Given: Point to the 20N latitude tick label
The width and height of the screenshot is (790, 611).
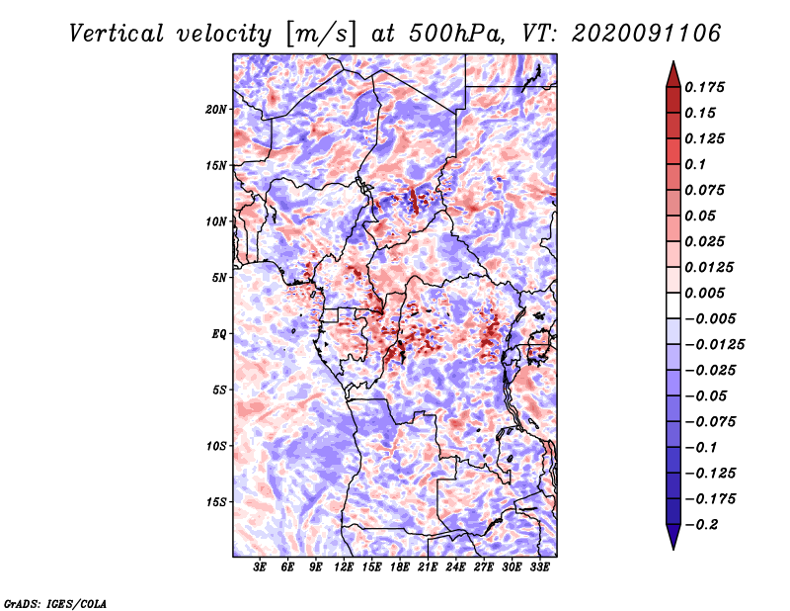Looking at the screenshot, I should (x=217, y=109).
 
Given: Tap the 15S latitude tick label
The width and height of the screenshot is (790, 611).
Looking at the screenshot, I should (x=217, y=502).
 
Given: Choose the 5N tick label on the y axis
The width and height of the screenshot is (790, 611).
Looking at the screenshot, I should (x=220, y=278).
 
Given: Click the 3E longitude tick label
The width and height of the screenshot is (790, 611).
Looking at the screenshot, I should (x=261, y=567).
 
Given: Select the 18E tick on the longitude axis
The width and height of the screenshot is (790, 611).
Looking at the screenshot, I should (x=400, y=567).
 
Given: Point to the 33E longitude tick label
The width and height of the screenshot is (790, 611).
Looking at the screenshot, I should (x=540, y=567).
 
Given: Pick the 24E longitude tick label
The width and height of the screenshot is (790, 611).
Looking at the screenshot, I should (x=456, y=567).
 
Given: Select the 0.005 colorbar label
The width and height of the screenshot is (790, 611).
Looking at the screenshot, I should (x=705, y=293).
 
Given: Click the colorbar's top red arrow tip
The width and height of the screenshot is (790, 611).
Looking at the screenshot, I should (x=671, y=64).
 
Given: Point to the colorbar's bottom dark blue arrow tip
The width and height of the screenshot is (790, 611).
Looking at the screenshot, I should (x=671, y=547).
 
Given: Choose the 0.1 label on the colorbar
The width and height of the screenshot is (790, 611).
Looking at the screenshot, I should (x=695, y=164).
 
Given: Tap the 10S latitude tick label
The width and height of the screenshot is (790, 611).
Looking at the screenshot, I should (x=217, y=446).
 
